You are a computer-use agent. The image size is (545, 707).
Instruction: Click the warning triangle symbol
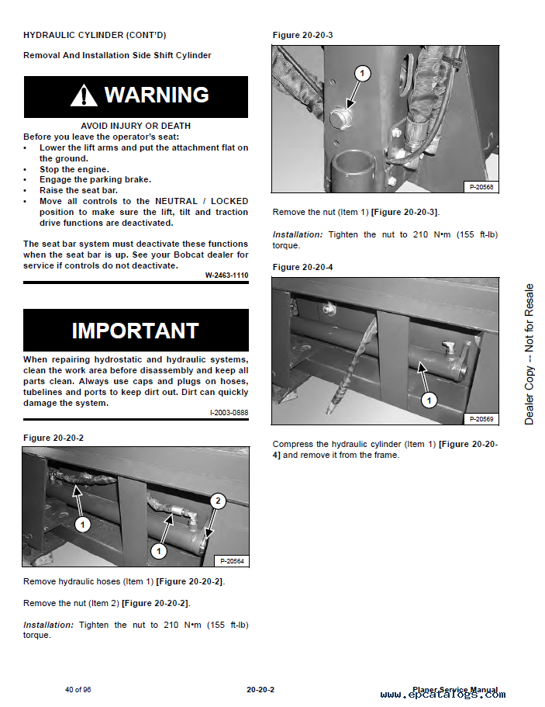(x=84, y=96)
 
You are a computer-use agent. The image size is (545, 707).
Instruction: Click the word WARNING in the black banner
(x=157, y=95)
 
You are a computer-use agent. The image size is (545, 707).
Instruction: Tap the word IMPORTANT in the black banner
(x=136, y=331)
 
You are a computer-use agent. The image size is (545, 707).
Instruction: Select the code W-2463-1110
(x=226, y=275)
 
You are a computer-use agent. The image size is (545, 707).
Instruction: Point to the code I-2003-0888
(x=229, y=413)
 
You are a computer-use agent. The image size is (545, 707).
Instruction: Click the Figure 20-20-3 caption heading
(x=302, y=35)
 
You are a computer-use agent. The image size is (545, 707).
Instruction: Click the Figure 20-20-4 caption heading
(x=302, y=268)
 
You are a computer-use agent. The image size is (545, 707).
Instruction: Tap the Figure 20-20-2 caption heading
(x=53, y=438)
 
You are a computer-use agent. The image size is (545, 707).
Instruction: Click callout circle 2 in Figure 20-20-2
(x=219, y=501)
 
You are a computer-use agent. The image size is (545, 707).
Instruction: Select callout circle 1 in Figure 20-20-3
(x=362, y=73)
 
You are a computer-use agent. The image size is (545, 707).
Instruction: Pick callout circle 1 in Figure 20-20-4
(x=429, y=400)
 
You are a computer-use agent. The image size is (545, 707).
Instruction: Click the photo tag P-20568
(x=481, y=187)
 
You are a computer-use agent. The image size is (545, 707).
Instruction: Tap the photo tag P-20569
(x=481, y=419)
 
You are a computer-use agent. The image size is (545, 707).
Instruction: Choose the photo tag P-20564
(x=232, y=561)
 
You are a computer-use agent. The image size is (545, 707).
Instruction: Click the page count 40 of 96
(x=78, y=689)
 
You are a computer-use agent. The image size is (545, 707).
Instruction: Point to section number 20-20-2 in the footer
(x=260, y=689)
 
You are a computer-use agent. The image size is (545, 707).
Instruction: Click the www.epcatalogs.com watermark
(x=443, y=695)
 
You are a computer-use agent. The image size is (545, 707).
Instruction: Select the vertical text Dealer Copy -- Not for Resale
(x=529, y=354)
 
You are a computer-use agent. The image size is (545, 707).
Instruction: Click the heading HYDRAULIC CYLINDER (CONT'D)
(x=95, y=35)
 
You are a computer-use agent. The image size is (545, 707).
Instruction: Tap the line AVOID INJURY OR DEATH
(x=136, y=126)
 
